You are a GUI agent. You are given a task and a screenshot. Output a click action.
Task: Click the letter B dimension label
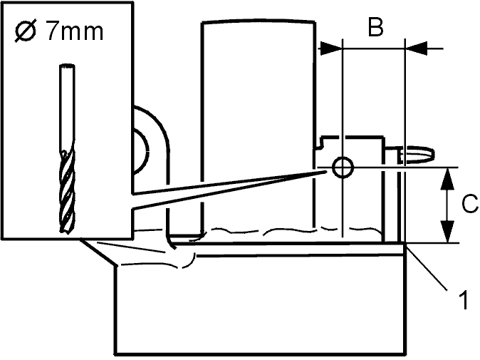click(x=375, y=27)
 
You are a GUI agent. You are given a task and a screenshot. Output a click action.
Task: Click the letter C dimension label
click(x=470, y=203)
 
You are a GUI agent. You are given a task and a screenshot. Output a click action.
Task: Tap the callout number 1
click(x=464, y=300)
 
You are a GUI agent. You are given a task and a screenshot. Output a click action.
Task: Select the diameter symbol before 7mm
click(x=25, y=31)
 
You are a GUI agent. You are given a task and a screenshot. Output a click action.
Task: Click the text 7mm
click(x=75, y=31)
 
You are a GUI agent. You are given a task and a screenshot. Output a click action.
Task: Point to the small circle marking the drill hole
click(x=343, y=168)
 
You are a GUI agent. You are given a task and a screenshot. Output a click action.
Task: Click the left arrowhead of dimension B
click(x=331, y=48)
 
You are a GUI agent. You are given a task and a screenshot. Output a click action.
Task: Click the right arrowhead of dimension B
click(x=417, y=48)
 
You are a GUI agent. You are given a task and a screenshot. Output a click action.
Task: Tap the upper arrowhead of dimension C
click(x=448, y=178)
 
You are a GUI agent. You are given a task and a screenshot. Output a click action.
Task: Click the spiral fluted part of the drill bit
click(x=67, y=190)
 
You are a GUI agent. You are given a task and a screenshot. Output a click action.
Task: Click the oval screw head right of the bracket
click(x=418, y=154)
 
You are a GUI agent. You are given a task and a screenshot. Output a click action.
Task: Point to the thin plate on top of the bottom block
click(x=288, y=249)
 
